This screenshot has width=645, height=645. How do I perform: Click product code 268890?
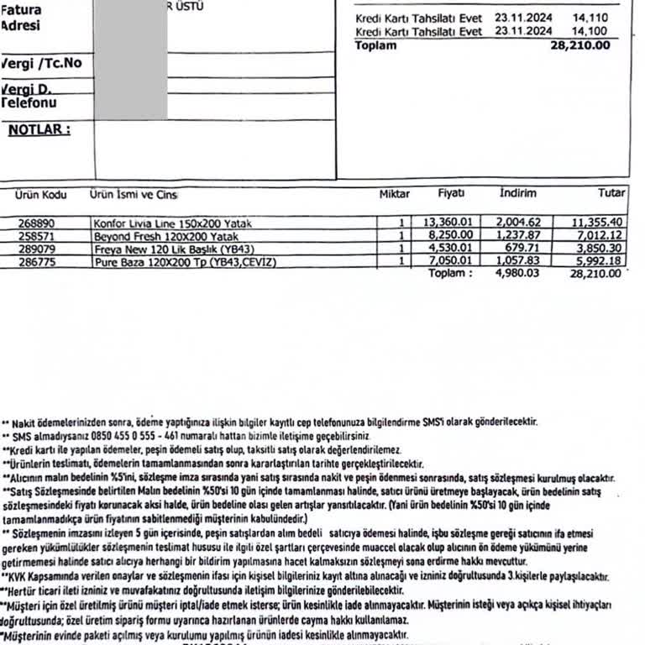[34, 223]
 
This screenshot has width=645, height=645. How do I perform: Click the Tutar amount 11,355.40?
[597, 223]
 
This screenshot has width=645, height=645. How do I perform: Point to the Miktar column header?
[394, 194]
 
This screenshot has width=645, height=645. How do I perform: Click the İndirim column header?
[517, 194]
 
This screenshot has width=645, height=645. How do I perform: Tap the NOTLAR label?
[39, 129]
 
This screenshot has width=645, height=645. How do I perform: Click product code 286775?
[34, 262]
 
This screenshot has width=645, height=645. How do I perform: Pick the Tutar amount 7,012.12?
[597, 237]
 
